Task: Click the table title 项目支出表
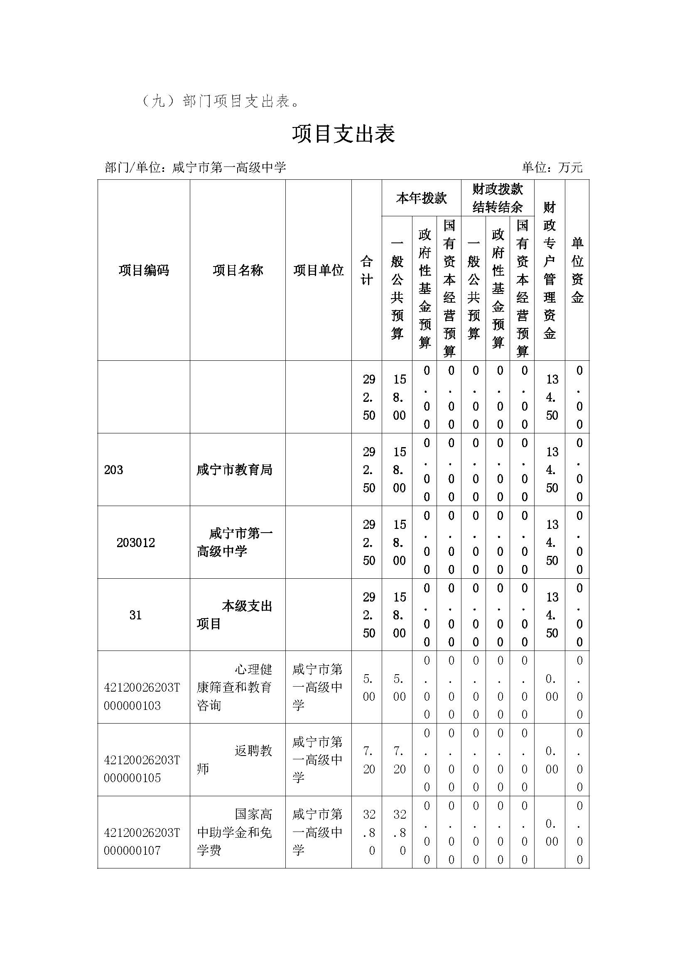pos(343,134)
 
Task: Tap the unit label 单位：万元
pos(552,167)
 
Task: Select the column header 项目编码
pos(144,270)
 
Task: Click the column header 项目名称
pos(238,270)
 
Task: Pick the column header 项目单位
pos(318,270)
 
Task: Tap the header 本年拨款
pos(421,198)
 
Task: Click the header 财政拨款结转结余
pos(498,198)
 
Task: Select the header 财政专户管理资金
pos(549,270)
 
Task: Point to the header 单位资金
pos(577,270)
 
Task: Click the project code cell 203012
pos(136,543)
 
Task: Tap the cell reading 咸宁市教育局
pos(234,470)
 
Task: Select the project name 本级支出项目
pos(234,615)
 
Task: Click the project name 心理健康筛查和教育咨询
pos(234,687)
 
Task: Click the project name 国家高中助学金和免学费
pos(234,832)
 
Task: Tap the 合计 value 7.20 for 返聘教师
pos(367,760)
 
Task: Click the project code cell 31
pos(135,615)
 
